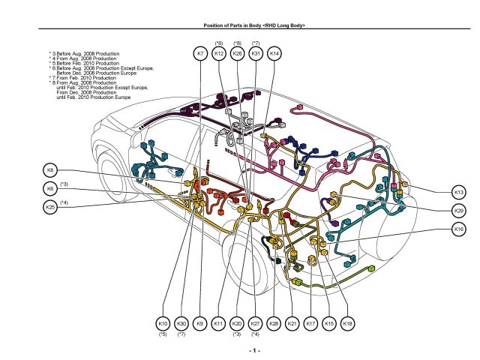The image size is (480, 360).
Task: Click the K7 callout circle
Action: (x=200, y=54)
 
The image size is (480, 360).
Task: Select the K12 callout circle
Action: (x=219, y=54)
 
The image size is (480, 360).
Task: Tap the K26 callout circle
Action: (x=238, y=54)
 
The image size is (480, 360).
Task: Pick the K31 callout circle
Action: (x=256, y=54)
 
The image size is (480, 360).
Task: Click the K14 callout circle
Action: (x=274, y=54)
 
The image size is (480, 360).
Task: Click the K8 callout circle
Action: (x=50, y=169)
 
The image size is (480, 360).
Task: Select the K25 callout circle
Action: (x=50, y=207)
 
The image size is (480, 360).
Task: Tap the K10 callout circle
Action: (x=163, y=323)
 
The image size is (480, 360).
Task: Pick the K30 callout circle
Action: (x=181, y=323)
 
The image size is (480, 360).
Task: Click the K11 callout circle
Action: (x=218, y=323)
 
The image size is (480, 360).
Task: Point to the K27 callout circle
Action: (x=255, y=323)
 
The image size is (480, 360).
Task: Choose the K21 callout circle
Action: (x=292, y=323)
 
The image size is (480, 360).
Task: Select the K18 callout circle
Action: (x=347, y=323)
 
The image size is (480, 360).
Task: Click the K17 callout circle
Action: (x=310, y=323)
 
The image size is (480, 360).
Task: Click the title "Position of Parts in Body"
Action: (x=254, y=25)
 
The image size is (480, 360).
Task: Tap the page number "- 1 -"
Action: (x=254, y=350)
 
